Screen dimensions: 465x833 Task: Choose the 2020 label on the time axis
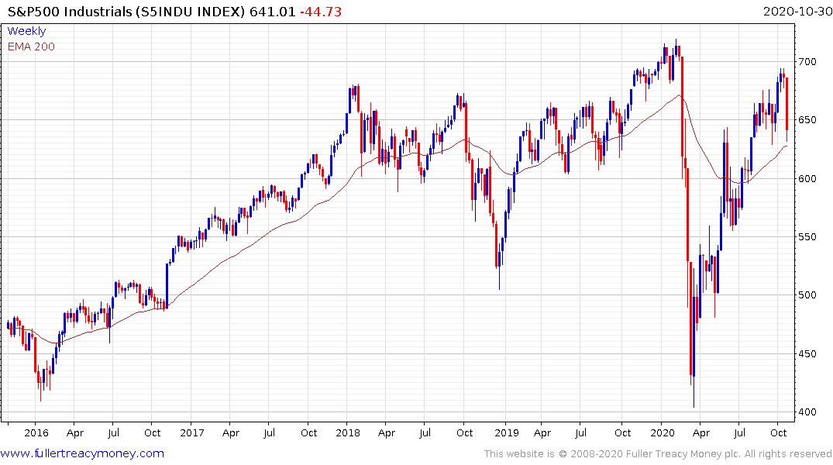[x=663, y=432]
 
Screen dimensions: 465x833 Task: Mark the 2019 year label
[x=506, y=432]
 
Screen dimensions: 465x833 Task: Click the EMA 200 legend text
[x=31, y=46]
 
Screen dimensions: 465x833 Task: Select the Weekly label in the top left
[x=26, y=31]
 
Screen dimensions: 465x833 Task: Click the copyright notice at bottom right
[x=658, y=453]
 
